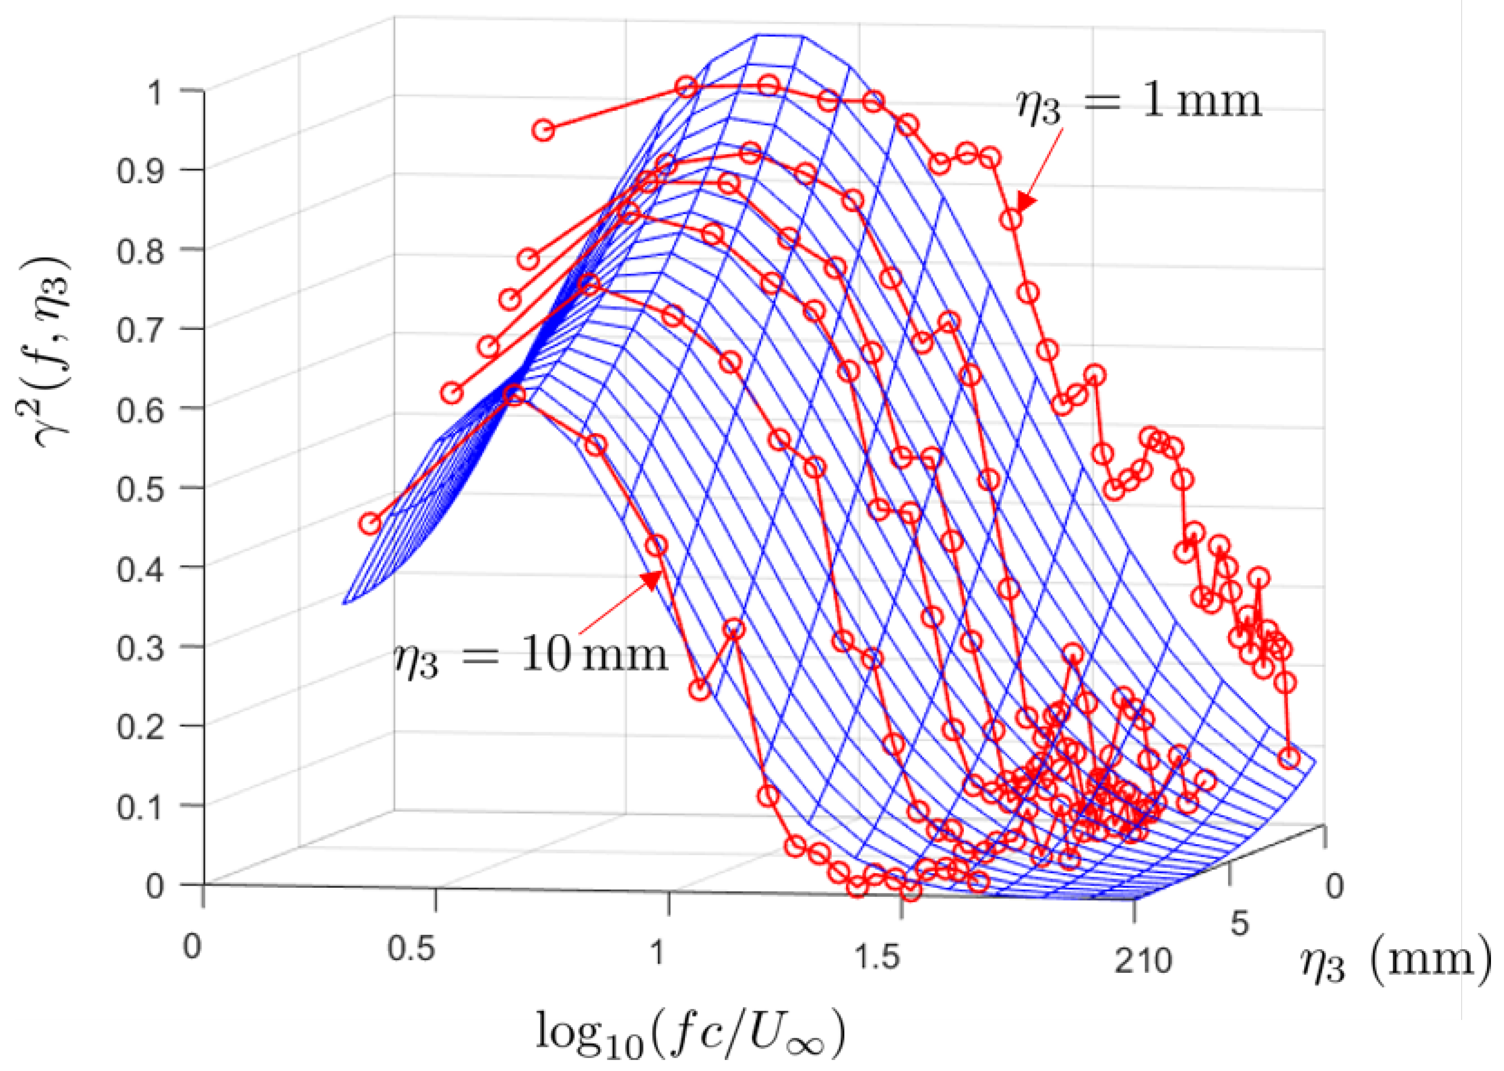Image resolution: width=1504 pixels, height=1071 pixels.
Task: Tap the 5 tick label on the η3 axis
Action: click(1240, 924)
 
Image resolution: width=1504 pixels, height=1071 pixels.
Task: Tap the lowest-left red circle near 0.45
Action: click(370, 524)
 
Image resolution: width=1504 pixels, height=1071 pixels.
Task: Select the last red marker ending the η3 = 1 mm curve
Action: click(1289, 759)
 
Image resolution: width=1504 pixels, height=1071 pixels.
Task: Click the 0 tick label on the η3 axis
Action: click(1334, 886)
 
